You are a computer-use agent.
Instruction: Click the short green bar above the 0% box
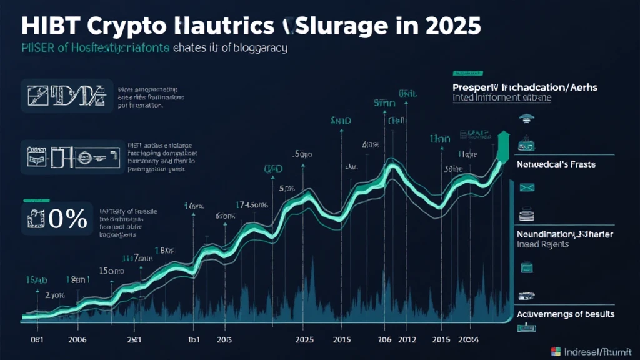click(x=35, y=201)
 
